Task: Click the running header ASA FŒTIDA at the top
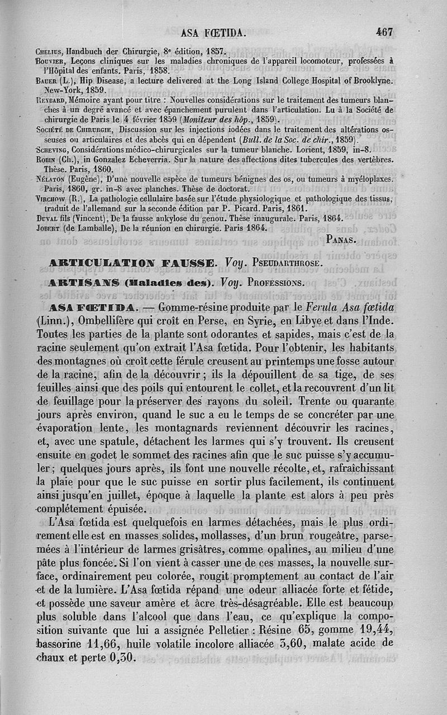[214, 33]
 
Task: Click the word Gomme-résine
[194, 308]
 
